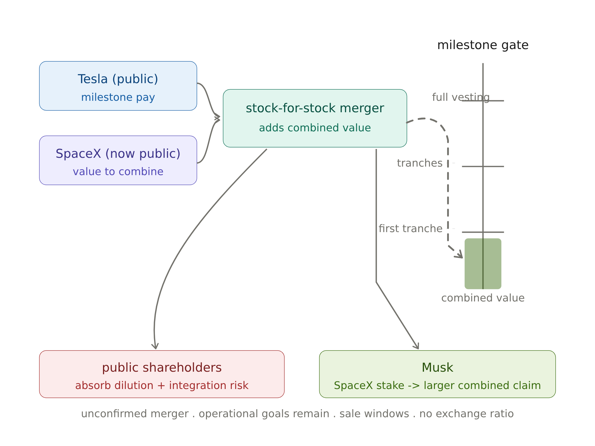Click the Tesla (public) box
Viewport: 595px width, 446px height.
click(118, 86)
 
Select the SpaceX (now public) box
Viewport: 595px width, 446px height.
click(118, 160)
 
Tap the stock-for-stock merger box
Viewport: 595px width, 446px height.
click(315, 118)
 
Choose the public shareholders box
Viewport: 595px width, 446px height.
click(162, 374)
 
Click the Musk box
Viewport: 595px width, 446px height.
click(437, 374)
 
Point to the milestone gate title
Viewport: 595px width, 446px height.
click(483, 45)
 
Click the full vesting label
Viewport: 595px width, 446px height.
click(461, 97)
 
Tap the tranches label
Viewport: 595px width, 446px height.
click(420, 163)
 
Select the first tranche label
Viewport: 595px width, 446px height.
click(410, 229)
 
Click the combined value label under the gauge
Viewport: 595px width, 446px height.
click(483, 298)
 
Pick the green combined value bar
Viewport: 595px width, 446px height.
click(483, 264)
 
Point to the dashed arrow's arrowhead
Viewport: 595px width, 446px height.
click(459, 254)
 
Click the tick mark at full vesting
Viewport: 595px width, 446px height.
click(483, 101)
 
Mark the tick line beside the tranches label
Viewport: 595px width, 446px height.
click(483, 167)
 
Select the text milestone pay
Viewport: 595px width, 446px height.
click(118, 97)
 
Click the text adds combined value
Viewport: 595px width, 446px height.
click(315, 128)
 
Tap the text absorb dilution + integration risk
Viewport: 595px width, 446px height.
click(162, 385)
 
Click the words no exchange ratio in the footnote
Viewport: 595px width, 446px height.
click(466, 414)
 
